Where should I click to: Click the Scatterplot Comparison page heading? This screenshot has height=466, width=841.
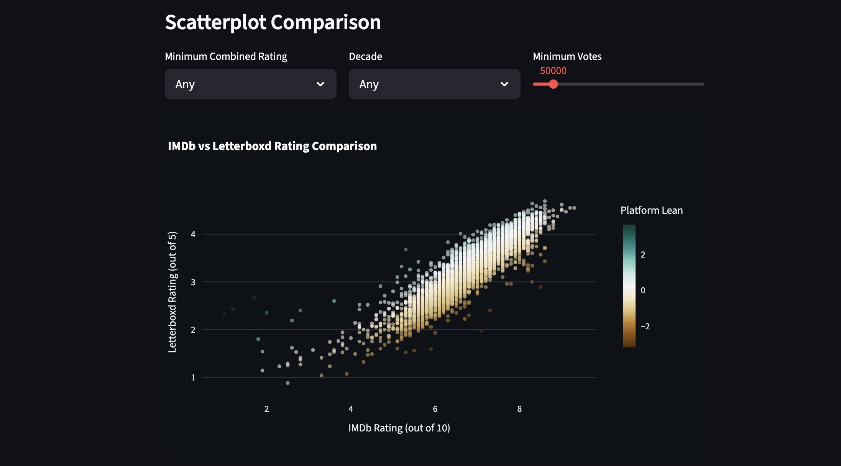click(x=273, y=22)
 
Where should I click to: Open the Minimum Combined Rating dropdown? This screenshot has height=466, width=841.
click(x=250, y=84)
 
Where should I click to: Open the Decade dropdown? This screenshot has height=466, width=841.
click(x=434, y=84)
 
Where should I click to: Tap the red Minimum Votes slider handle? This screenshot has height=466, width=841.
click(x=553, y=84)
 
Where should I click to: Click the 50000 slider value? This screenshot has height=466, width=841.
click(x=553, y=71)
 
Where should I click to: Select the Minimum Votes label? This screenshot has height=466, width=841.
click(x=567, y=56)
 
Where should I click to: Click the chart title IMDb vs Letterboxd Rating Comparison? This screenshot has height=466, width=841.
click(x=272, y=146)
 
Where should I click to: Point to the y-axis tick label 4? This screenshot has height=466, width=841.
click(x=193, y=234)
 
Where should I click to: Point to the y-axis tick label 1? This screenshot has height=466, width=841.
click(x=193, y=377)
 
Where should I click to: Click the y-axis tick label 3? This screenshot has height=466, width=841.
click(x=193, y=282)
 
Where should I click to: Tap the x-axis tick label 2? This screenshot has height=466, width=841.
click(x=266, y=409)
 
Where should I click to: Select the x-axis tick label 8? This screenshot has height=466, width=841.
click(x=519, y=409)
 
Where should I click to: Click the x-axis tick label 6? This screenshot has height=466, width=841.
click(x=435, y=409)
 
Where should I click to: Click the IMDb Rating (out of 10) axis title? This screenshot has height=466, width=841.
click(x=399, y=428)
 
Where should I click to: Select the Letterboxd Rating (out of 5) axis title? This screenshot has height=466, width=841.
click(x=172, y=292)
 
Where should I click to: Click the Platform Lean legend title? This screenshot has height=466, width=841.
click(x=651, y=210)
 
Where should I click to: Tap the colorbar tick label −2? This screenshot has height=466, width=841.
click(x=645, y=327)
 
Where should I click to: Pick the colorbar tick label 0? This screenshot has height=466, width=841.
click(x=643, y=291)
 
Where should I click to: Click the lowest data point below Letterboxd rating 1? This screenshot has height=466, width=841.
click(x=287, y=383)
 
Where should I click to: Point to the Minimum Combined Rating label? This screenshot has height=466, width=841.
click(x=226, y=56)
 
